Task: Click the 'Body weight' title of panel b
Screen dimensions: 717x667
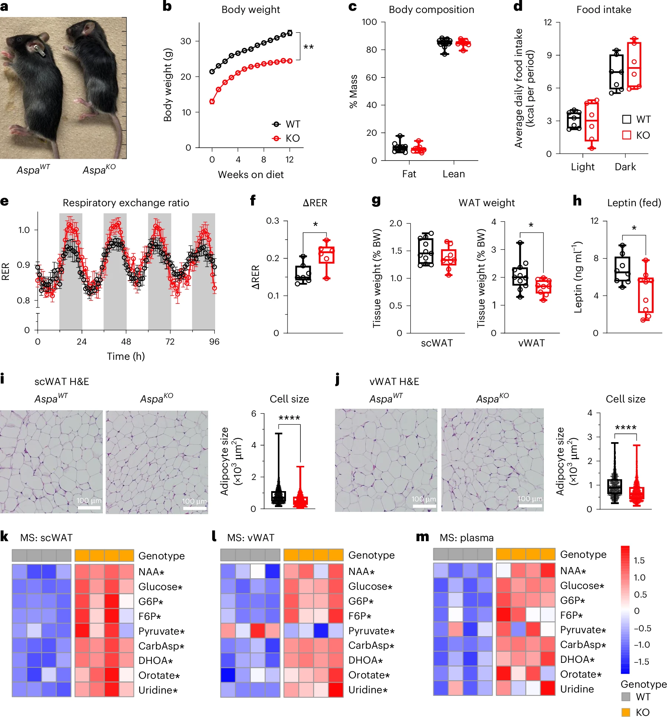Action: tap(250, 10)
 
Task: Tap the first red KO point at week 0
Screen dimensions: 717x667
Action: tap(212, 102)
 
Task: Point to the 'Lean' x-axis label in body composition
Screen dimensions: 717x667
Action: tap(453, 174)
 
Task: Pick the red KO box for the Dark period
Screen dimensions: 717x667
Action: tap(634, 66)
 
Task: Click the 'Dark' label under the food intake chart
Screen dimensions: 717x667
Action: tap(625, 167)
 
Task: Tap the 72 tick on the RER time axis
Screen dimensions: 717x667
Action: tap(170, 342)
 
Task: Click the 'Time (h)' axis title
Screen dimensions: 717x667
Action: tap(126, 356)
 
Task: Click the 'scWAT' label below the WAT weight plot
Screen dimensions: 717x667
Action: tap(437, 343)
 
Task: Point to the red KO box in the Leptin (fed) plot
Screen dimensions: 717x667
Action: tap(645, 295)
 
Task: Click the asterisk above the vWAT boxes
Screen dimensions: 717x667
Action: tap(531, 225)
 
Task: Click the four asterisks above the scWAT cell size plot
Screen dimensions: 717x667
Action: tap(289, 418)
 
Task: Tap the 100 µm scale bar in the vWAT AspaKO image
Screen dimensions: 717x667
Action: tap(530, 505)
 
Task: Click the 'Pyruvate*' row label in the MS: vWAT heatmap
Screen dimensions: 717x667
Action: tap(371, 631)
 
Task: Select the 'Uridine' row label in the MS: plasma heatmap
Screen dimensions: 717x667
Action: tap(577, 689)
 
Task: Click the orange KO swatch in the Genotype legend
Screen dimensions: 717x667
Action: tap(626, 712)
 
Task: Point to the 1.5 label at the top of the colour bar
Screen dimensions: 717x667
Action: tap(639, 560)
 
